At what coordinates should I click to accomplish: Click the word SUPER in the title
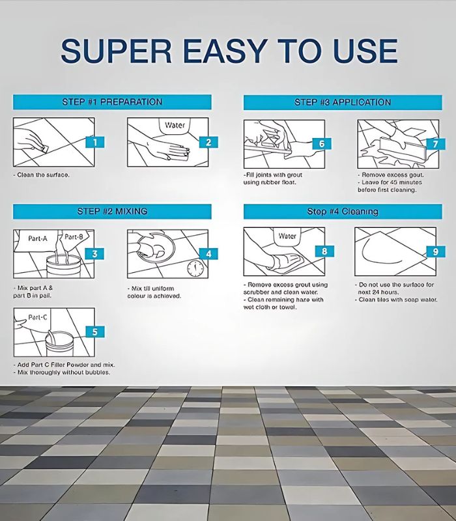tap(117, 51)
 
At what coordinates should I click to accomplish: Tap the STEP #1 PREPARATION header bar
tap(112, 102)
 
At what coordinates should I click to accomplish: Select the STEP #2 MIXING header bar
tap(112, 211)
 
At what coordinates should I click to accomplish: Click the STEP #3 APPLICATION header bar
tap(343, 102)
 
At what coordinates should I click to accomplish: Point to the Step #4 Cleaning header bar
tap(343, 212)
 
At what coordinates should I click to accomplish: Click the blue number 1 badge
tap(95, 142)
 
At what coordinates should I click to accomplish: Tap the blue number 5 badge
tap(95, 331)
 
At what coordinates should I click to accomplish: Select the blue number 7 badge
tap(435, 144)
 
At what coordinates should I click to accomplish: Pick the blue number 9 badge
tap(436, 251)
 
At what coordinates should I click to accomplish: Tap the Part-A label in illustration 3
tap(38, 238)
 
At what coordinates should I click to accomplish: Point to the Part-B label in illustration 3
tap(74, 236)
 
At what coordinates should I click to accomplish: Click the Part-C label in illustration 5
tap(38, 317)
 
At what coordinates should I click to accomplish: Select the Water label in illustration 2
tap(175, 125)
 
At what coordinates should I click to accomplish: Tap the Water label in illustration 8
tap(287, 236)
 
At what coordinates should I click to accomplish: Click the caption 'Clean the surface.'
tap(42, 175)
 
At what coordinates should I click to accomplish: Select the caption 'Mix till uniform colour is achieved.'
tap(154, 292)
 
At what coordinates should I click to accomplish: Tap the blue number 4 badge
tap(208, 254)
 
